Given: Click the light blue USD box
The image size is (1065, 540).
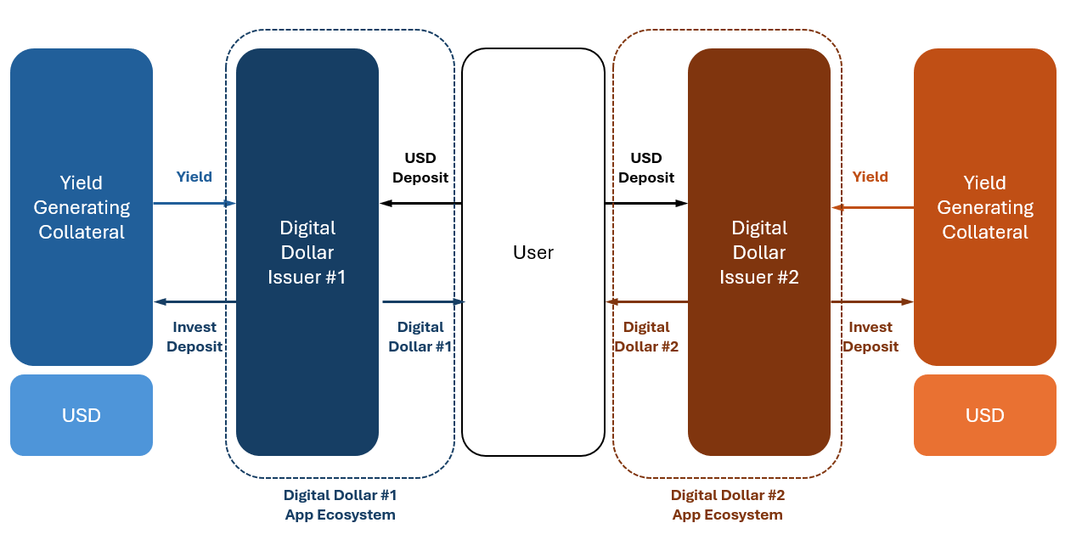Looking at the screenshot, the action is click(x=82, y=415).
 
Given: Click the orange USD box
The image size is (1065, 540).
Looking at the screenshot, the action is click(x=984, y=415).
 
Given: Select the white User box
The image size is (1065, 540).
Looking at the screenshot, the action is click(x=533, y=252).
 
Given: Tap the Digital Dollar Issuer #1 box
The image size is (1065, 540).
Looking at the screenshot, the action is click(x=307, y=252).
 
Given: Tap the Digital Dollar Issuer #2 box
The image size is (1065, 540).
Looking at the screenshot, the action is click(x=759, y=252).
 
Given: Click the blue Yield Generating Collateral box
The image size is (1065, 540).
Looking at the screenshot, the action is click(x=82, y=207).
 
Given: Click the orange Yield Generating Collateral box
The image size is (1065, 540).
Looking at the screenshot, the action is click(x=984, y=207).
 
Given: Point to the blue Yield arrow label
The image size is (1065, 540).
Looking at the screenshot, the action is click(x=194, y=177).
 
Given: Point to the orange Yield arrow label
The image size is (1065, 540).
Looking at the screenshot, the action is click(x=871, y=177).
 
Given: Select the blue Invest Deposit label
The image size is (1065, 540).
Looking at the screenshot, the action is click(x=194, y=336).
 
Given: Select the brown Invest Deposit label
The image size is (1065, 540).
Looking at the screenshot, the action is click(x=871, y=336).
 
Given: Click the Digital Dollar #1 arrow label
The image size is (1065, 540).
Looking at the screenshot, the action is click(x=420, y=336).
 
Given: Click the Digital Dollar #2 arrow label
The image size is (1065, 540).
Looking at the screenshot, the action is click(x=646, y=336).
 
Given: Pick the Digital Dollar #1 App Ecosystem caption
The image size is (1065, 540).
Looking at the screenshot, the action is click(x=340, y=504).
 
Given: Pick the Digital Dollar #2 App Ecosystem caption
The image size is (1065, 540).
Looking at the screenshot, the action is click(x=728, y=504).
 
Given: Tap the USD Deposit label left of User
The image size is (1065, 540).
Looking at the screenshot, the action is click(x=420, y=167).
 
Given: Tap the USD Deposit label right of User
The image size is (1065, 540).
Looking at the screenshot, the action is click(x=646, y=167).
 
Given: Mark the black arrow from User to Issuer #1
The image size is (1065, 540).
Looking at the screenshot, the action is click(x=420, y=204).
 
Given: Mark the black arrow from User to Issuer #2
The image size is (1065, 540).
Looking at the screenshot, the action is click(x=646, y=204).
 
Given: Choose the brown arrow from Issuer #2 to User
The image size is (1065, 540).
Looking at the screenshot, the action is click(x=646, y=301).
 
